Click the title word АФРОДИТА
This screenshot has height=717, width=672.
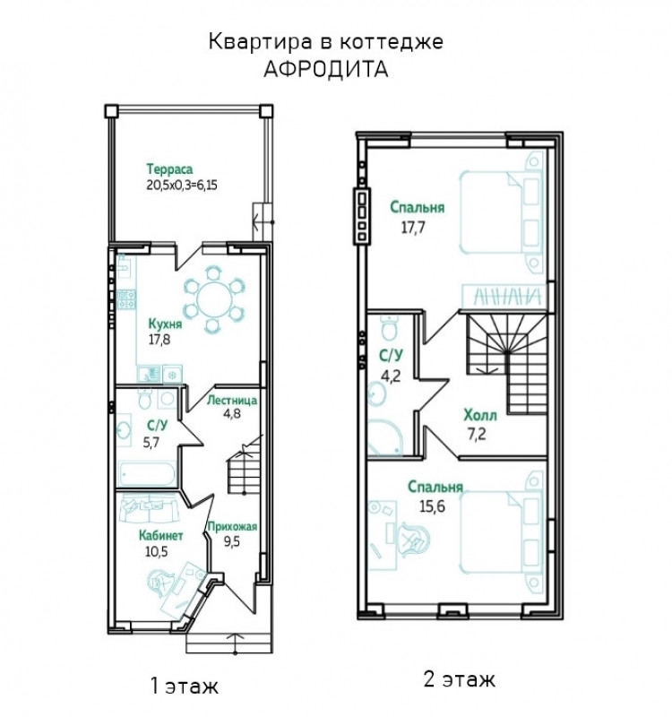click(x=326, y=69)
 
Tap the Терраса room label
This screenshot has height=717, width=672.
click(x=169, y=169)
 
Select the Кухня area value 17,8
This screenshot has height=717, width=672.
click(x=159, y=340)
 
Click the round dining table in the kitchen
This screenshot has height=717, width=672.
click(x=214, y=300)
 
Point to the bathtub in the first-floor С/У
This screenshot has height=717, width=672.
click(x=147, y=474)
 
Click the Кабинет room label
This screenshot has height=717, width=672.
click(x=161, y=535)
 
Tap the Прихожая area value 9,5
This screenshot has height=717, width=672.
click(x=232, y=542)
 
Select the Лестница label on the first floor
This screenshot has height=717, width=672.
click(x=232, y=401)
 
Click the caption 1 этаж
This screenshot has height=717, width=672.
click(x=185, y=686)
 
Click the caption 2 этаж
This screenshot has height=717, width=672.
click(x=459, y=679)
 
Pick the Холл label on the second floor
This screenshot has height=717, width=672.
click(x=480, y=416)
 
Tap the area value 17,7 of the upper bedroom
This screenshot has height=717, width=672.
click(x=413, y=228)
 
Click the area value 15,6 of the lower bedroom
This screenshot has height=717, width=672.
click(x=432, y=506)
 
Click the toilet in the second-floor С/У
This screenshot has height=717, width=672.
click(x=389, y=328)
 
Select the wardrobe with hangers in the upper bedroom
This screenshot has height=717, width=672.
click(x=504, y=296)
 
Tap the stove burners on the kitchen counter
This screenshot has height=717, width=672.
click(x=126, y=300)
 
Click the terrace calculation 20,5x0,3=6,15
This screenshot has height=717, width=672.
click(x=182, y=186)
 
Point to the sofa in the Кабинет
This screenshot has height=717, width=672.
click(x=149, y=510)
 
